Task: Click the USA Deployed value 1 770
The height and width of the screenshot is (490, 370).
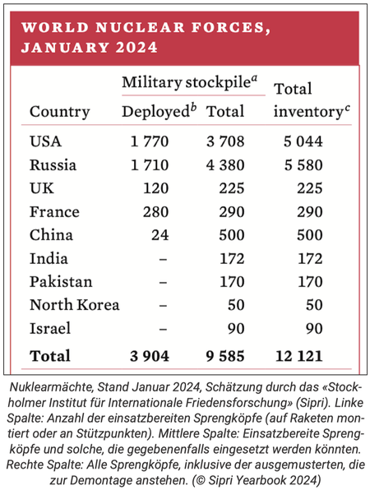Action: coord(150,141)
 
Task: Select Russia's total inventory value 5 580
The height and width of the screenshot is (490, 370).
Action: coord(303,165)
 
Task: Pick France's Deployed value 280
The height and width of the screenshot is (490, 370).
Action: coord(156,212)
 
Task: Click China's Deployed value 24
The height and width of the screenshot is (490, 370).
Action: coord(160,235)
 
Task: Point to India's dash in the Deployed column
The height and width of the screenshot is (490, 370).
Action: coord(163,259)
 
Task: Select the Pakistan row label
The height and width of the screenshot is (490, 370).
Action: coord(61,282)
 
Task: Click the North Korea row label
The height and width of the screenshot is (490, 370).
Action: coord(74,305)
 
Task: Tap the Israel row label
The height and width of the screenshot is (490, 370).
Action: coord(50,328)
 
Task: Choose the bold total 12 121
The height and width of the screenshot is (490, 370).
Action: coord(298,356)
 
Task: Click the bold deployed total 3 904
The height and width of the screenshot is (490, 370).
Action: coord(150,356)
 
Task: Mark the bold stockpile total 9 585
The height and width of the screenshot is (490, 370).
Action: coord(225,356)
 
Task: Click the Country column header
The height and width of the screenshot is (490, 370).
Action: coord(60,112)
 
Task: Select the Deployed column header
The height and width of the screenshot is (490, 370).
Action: coord(160,111)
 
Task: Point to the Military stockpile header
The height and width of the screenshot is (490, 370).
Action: coord(190,82)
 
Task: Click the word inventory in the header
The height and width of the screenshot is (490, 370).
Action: coord(312,112)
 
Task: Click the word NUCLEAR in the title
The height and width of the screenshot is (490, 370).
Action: coord(141,27)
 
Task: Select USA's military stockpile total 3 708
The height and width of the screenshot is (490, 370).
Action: coord(225,141)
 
